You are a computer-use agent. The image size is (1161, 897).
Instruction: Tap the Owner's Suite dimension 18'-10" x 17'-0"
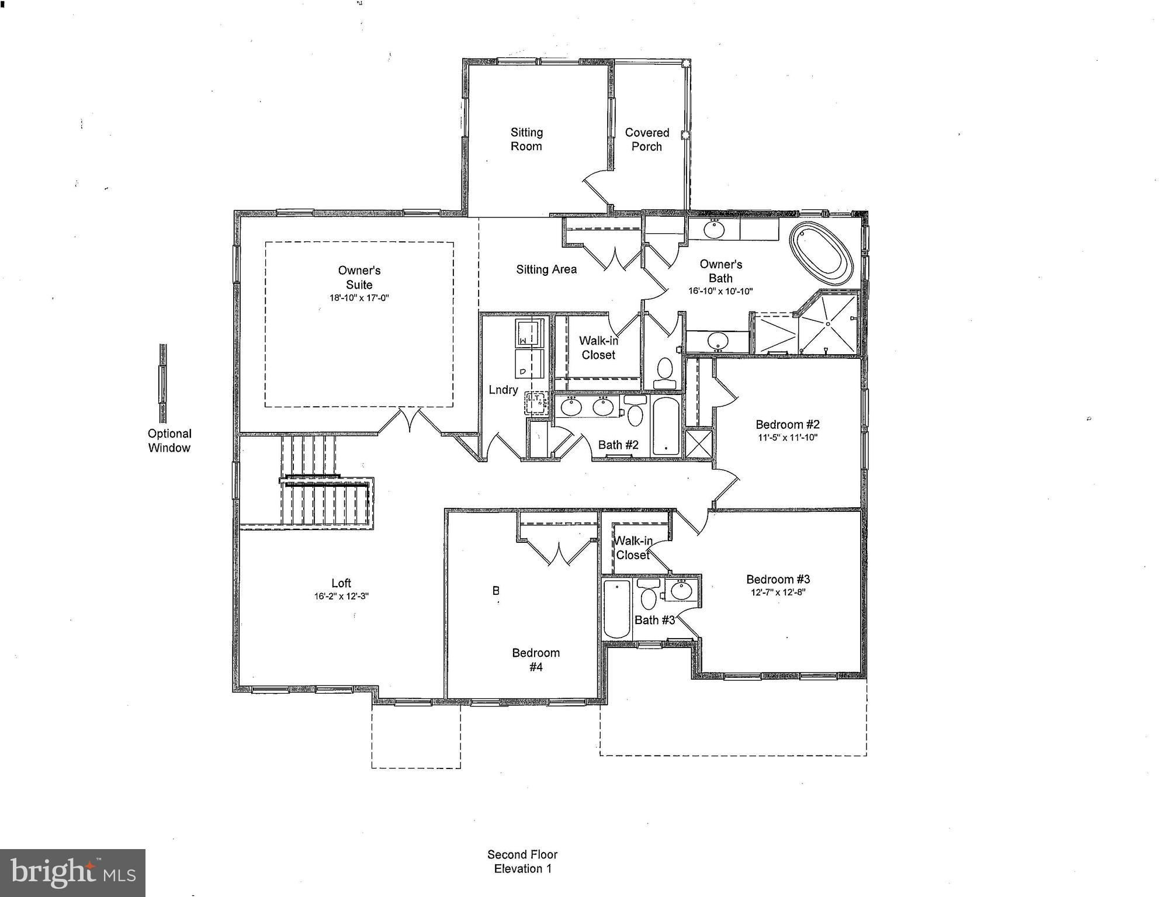359,298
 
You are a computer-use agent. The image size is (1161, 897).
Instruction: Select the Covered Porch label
647,140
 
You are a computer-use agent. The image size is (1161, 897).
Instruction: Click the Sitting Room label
526,140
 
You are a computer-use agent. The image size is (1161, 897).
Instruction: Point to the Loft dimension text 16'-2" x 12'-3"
341,597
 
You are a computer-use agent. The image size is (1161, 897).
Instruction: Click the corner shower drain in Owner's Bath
828,323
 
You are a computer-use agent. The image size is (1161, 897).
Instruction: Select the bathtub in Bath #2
666,425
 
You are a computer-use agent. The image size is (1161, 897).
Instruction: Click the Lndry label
503,390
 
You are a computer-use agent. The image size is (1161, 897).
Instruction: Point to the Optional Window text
169,441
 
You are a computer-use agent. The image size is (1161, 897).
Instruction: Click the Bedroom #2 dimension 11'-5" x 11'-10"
787,438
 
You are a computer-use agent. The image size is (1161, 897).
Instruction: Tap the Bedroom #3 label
778,579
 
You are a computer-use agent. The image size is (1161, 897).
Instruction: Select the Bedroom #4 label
535,660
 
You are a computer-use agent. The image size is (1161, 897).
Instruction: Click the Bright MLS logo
72,873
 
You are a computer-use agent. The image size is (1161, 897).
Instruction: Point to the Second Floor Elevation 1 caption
522,861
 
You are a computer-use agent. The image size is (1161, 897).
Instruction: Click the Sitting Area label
546,269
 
